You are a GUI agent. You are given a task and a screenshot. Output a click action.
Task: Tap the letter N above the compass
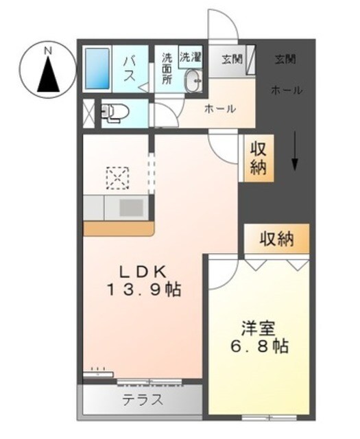coord(48,49)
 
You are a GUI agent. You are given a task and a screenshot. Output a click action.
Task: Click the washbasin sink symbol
coord(193,81)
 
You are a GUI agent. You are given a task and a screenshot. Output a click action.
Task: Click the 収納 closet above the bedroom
coord(276,239)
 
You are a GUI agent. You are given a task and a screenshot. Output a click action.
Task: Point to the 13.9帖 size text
coord(143,289)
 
